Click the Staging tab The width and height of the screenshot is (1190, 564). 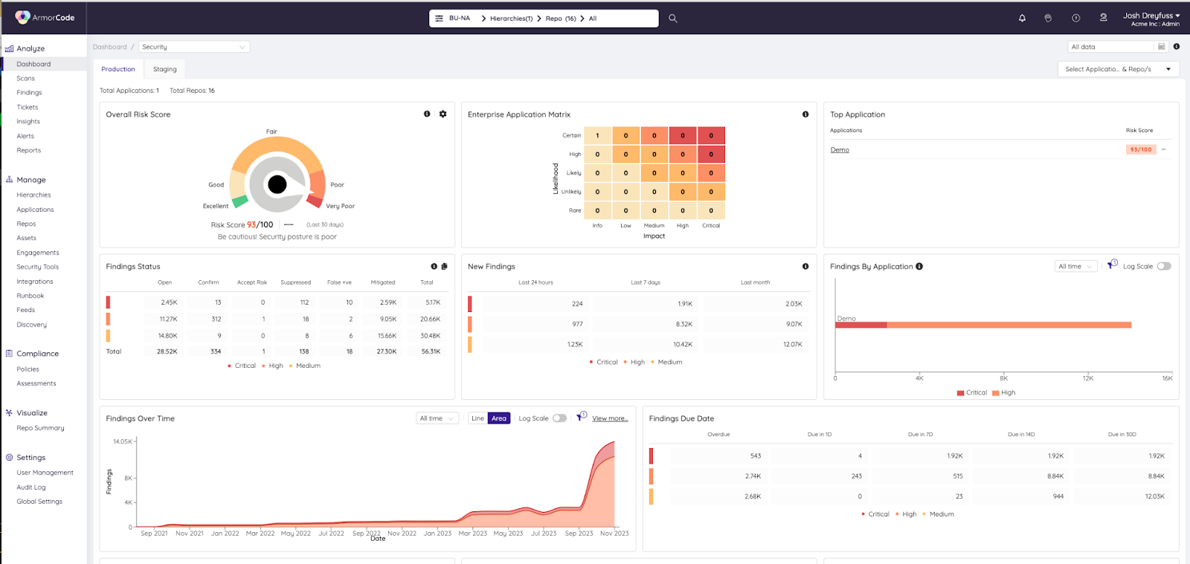click(164, 69)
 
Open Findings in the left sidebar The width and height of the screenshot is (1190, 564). click(29, 93)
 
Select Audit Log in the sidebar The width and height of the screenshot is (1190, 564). click(31, 487)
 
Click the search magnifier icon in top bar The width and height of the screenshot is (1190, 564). click(672, 19)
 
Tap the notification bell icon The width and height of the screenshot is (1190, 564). click(1022, 19)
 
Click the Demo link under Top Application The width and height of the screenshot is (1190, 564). click(840, 150)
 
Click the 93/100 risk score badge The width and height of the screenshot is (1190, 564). click(1140, 149)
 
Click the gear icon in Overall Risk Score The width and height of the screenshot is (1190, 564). click(443, 114)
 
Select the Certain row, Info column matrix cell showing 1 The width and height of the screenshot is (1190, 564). click(597, 136)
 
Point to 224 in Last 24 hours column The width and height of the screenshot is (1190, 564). click(577, 304)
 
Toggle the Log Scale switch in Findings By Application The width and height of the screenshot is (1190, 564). click(1164, 266)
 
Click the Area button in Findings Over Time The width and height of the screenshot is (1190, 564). click(499, 418)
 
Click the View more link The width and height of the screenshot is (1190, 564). click(610, 418)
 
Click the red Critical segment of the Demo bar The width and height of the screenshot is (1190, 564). click(861, 325)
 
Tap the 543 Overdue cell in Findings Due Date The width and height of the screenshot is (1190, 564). click(755, 456)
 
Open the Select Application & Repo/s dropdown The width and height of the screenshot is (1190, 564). click(1118, 69)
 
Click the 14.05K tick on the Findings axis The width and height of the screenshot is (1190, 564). click(123, 441)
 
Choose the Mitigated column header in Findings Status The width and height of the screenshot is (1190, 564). click(383, 282)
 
